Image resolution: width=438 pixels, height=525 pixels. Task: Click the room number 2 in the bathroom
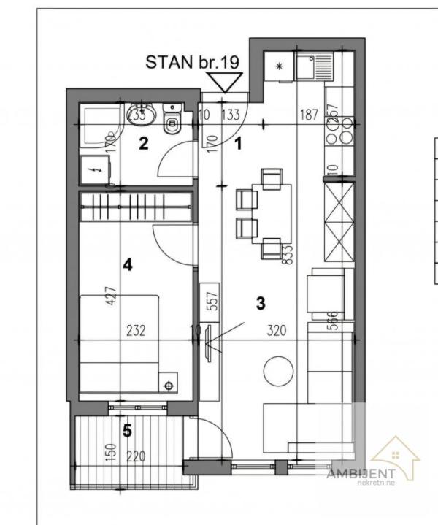click(x=144, y=143)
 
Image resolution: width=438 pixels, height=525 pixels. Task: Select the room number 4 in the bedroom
click(x=127, y=265)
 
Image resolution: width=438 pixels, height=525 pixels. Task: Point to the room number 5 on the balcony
click(x=127, y=432)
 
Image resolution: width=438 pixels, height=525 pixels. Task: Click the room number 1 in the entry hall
click(x=237, y=143)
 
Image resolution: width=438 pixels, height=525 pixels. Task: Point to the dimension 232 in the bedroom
click(x=136, y=330)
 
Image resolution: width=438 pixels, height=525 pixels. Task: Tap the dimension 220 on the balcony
click(x=136, y=457)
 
